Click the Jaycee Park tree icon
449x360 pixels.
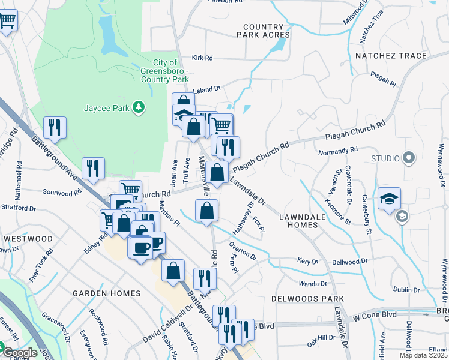[x=139, y=107]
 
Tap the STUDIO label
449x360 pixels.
[x=385, y=158]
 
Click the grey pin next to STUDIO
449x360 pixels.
[x=409, y=158]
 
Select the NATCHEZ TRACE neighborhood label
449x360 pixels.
[x=399, y=56]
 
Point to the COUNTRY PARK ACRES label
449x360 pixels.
[x=267, y=31]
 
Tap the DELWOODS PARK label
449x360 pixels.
[x=307, y=299]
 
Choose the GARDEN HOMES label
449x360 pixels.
[x=106, y=293]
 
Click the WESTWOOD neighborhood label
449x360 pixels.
[x=28, y=238]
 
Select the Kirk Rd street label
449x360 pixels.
[x=202, y=58]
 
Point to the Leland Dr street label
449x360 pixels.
[x=207, y=89]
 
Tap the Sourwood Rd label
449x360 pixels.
[x=61, y=193]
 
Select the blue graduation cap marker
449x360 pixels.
[x=390, y=199]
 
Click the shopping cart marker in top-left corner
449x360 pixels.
[x=8, y=20]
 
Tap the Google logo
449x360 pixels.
[x=19, y=353]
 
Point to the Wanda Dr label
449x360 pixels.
[x=315, y=283]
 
